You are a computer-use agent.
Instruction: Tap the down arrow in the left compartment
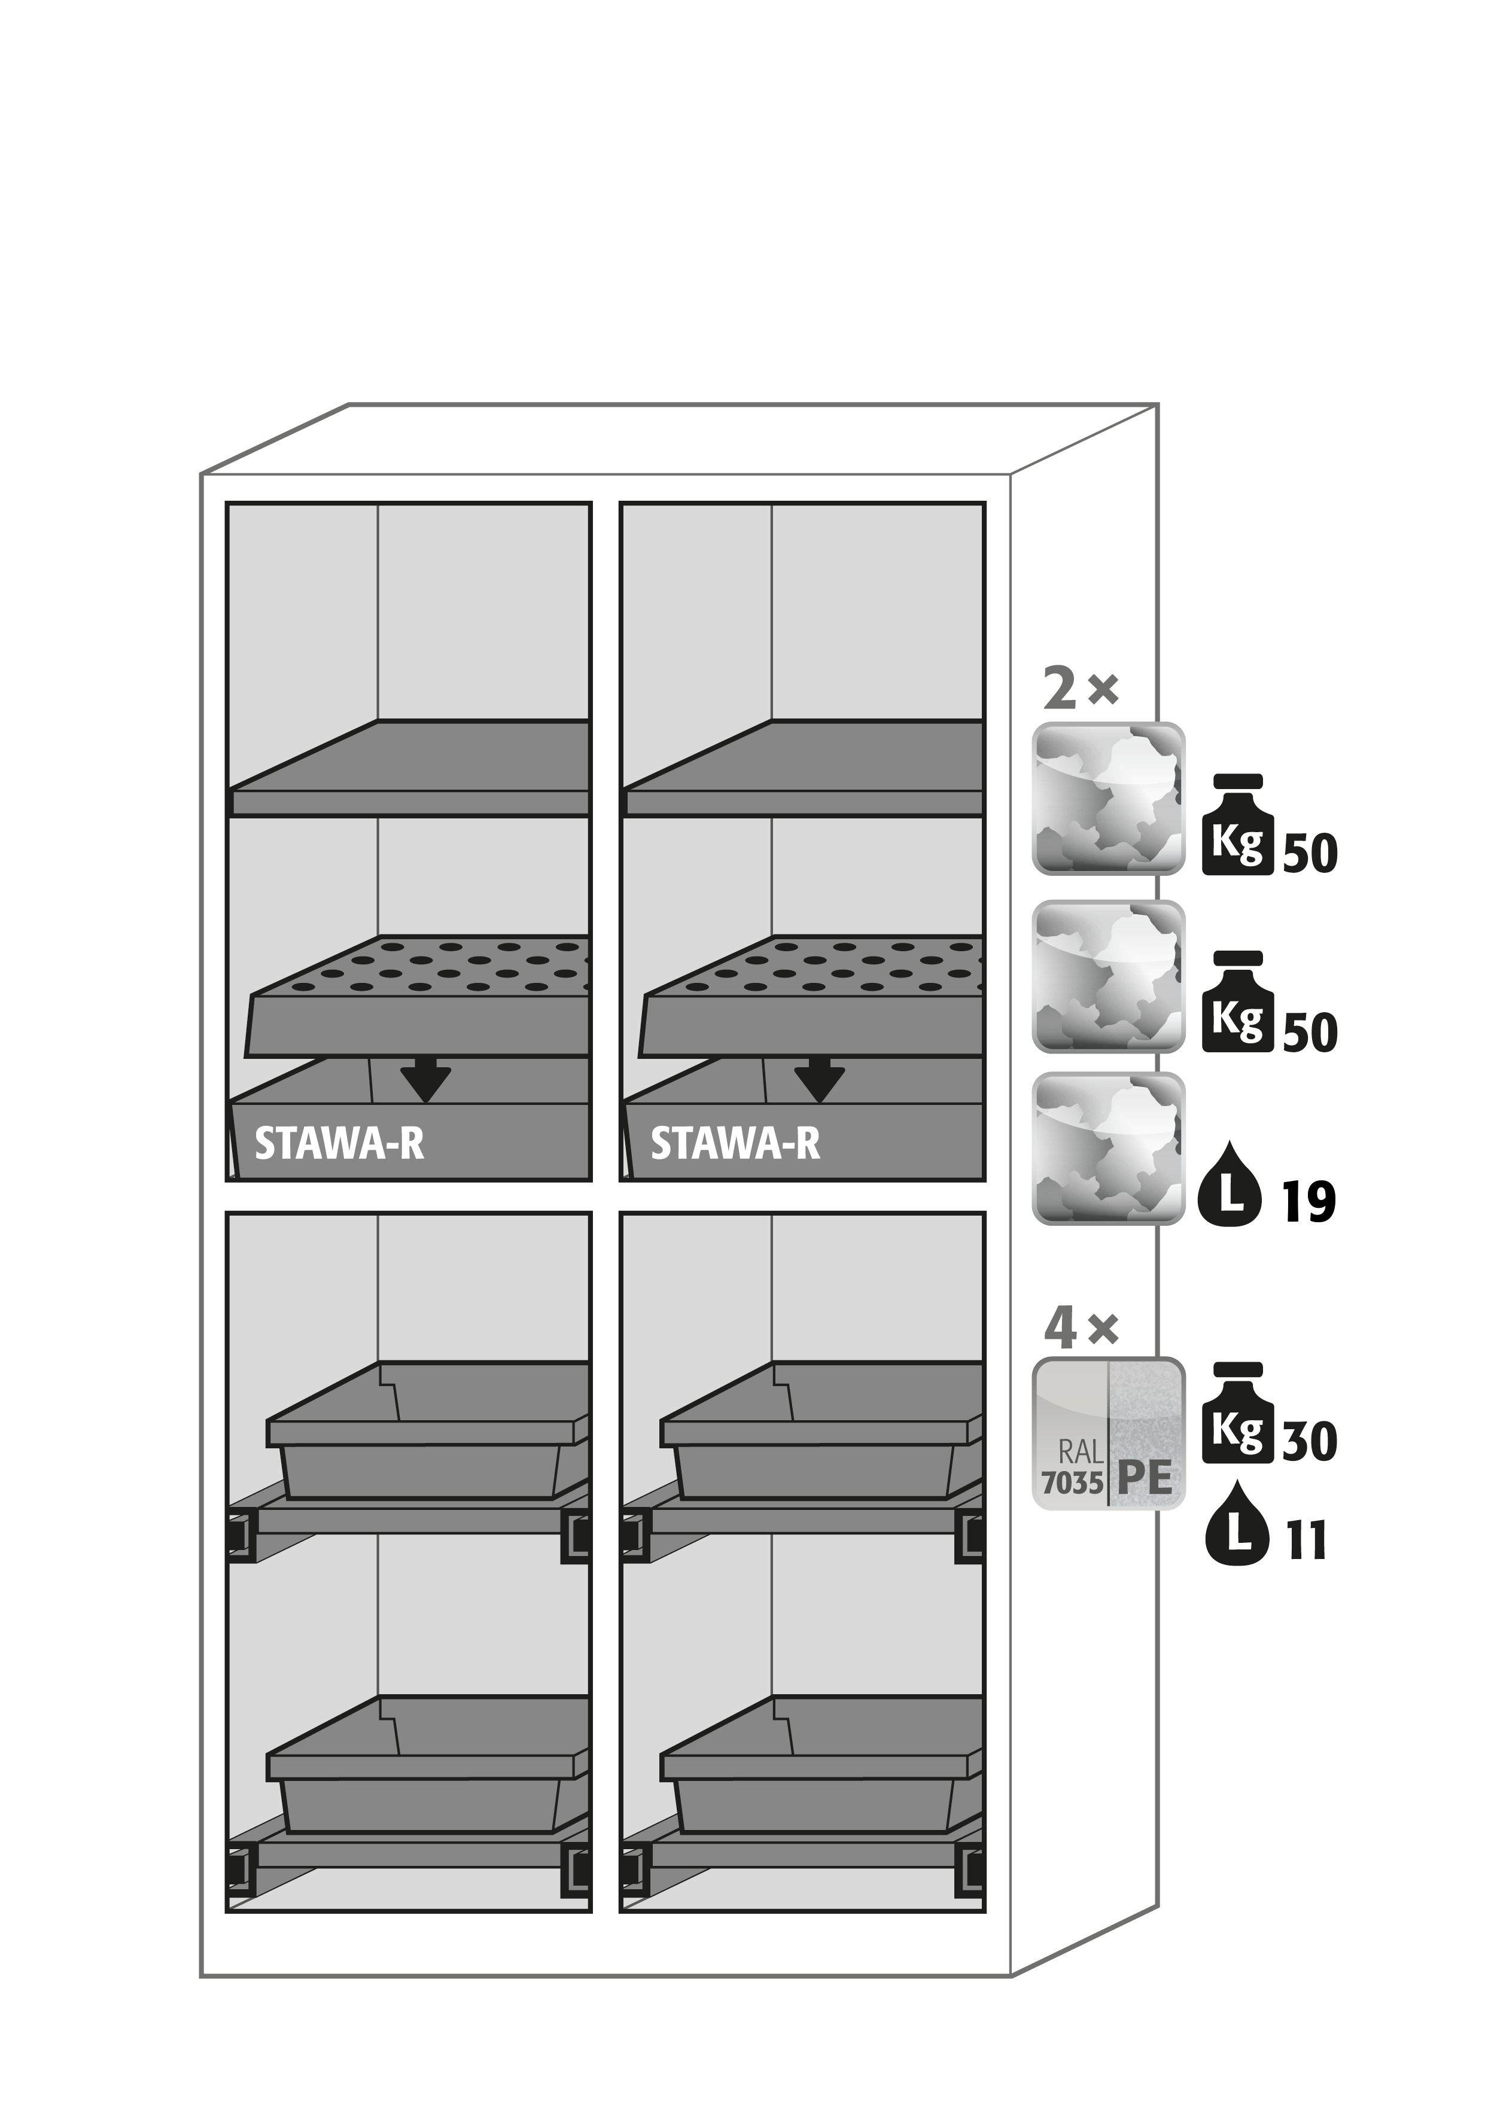pos(425,1080)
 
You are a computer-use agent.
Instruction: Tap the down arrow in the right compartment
pos(819,1080)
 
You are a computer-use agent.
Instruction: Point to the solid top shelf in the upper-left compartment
pos(410,768)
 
